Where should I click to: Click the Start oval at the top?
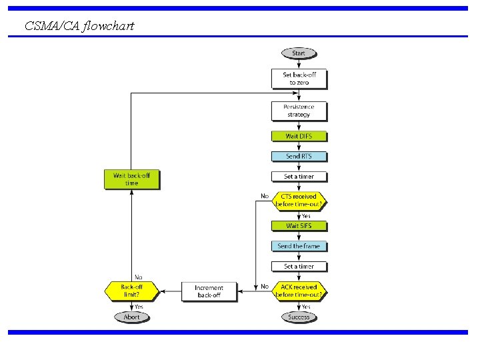(299, 53)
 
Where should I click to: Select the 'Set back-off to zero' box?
(299, 79)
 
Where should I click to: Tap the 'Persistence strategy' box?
(299, 111)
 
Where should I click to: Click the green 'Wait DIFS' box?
(299, 136)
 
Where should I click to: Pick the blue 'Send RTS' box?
(299, 157)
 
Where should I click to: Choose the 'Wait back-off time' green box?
(131, 179)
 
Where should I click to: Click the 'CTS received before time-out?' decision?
(299, 201)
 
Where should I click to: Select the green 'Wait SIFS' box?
(299, 226)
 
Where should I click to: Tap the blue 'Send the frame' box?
(299, 246)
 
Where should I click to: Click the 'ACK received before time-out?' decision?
(299, 291)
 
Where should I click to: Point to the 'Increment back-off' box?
(209, 291)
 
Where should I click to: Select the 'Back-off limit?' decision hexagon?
(131, 291)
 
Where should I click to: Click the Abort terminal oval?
(131, 317)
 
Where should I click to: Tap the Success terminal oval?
(299, 317)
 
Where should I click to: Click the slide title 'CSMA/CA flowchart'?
(79, 26)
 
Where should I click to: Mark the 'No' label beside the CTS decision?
(265, 196)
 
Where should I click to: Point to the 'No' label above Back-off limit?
(139, 277)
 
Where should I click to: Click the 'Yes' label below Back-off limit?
(139, 306)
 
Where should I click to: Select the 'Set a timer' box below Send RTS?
(299, 177)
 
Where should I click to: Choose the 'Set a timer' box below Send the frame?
(299, 266)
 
